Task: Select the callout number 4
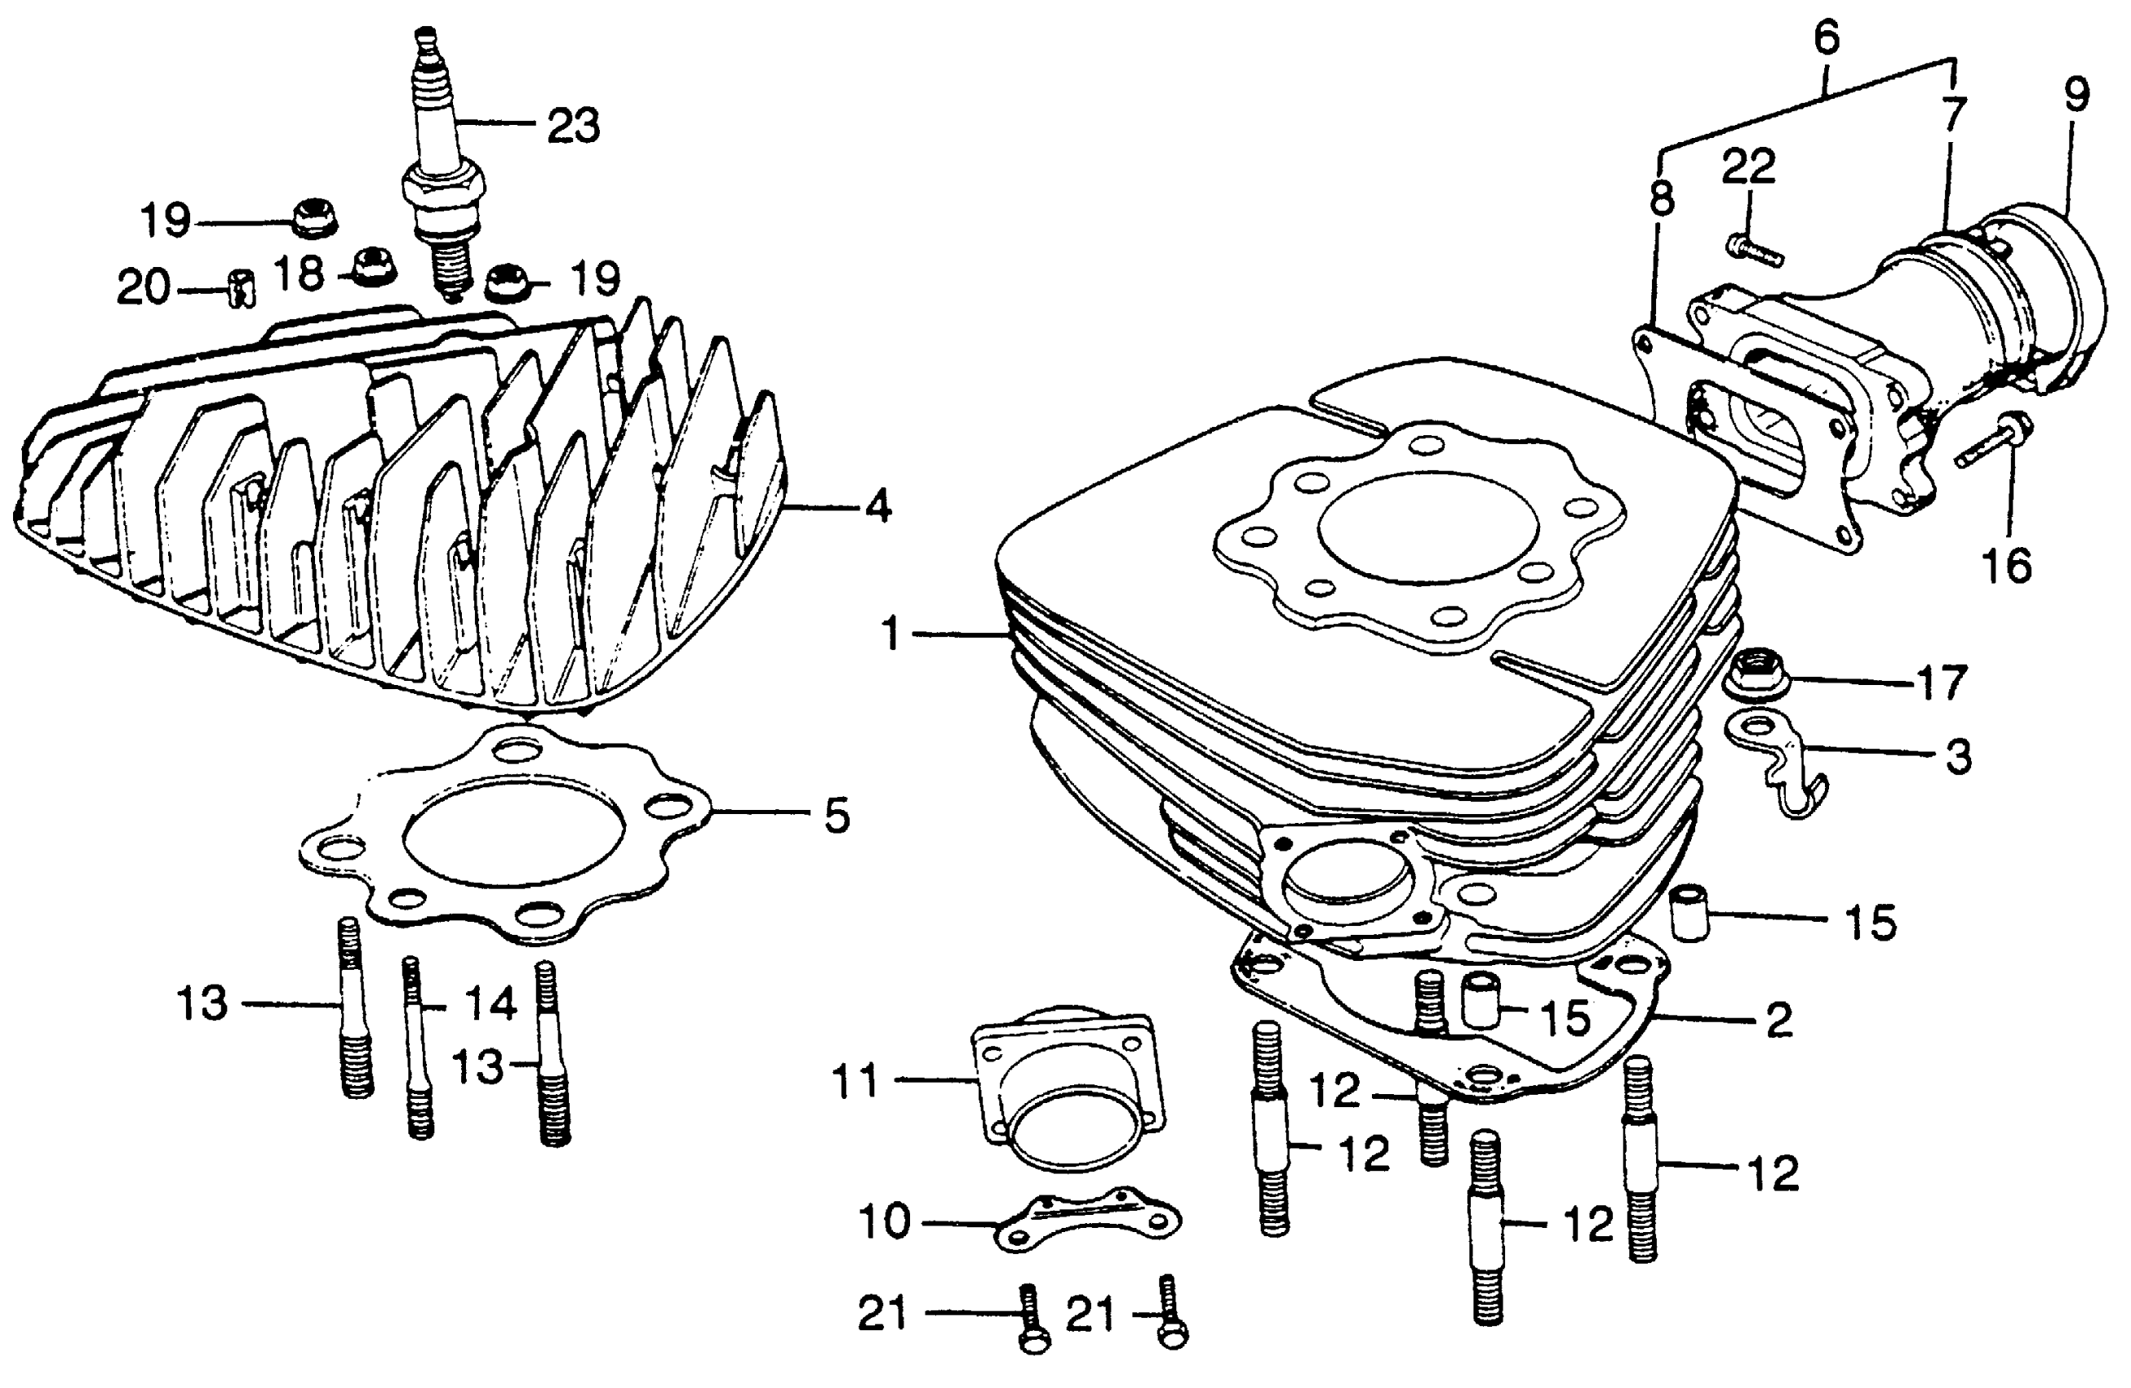[877, 507]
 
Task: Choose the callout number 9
[2076, 96]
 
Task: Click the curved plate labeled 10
[1087, 1221]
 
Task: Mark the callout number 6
[1827, 38]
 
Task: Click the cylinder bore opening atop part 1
[1429, 527]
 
